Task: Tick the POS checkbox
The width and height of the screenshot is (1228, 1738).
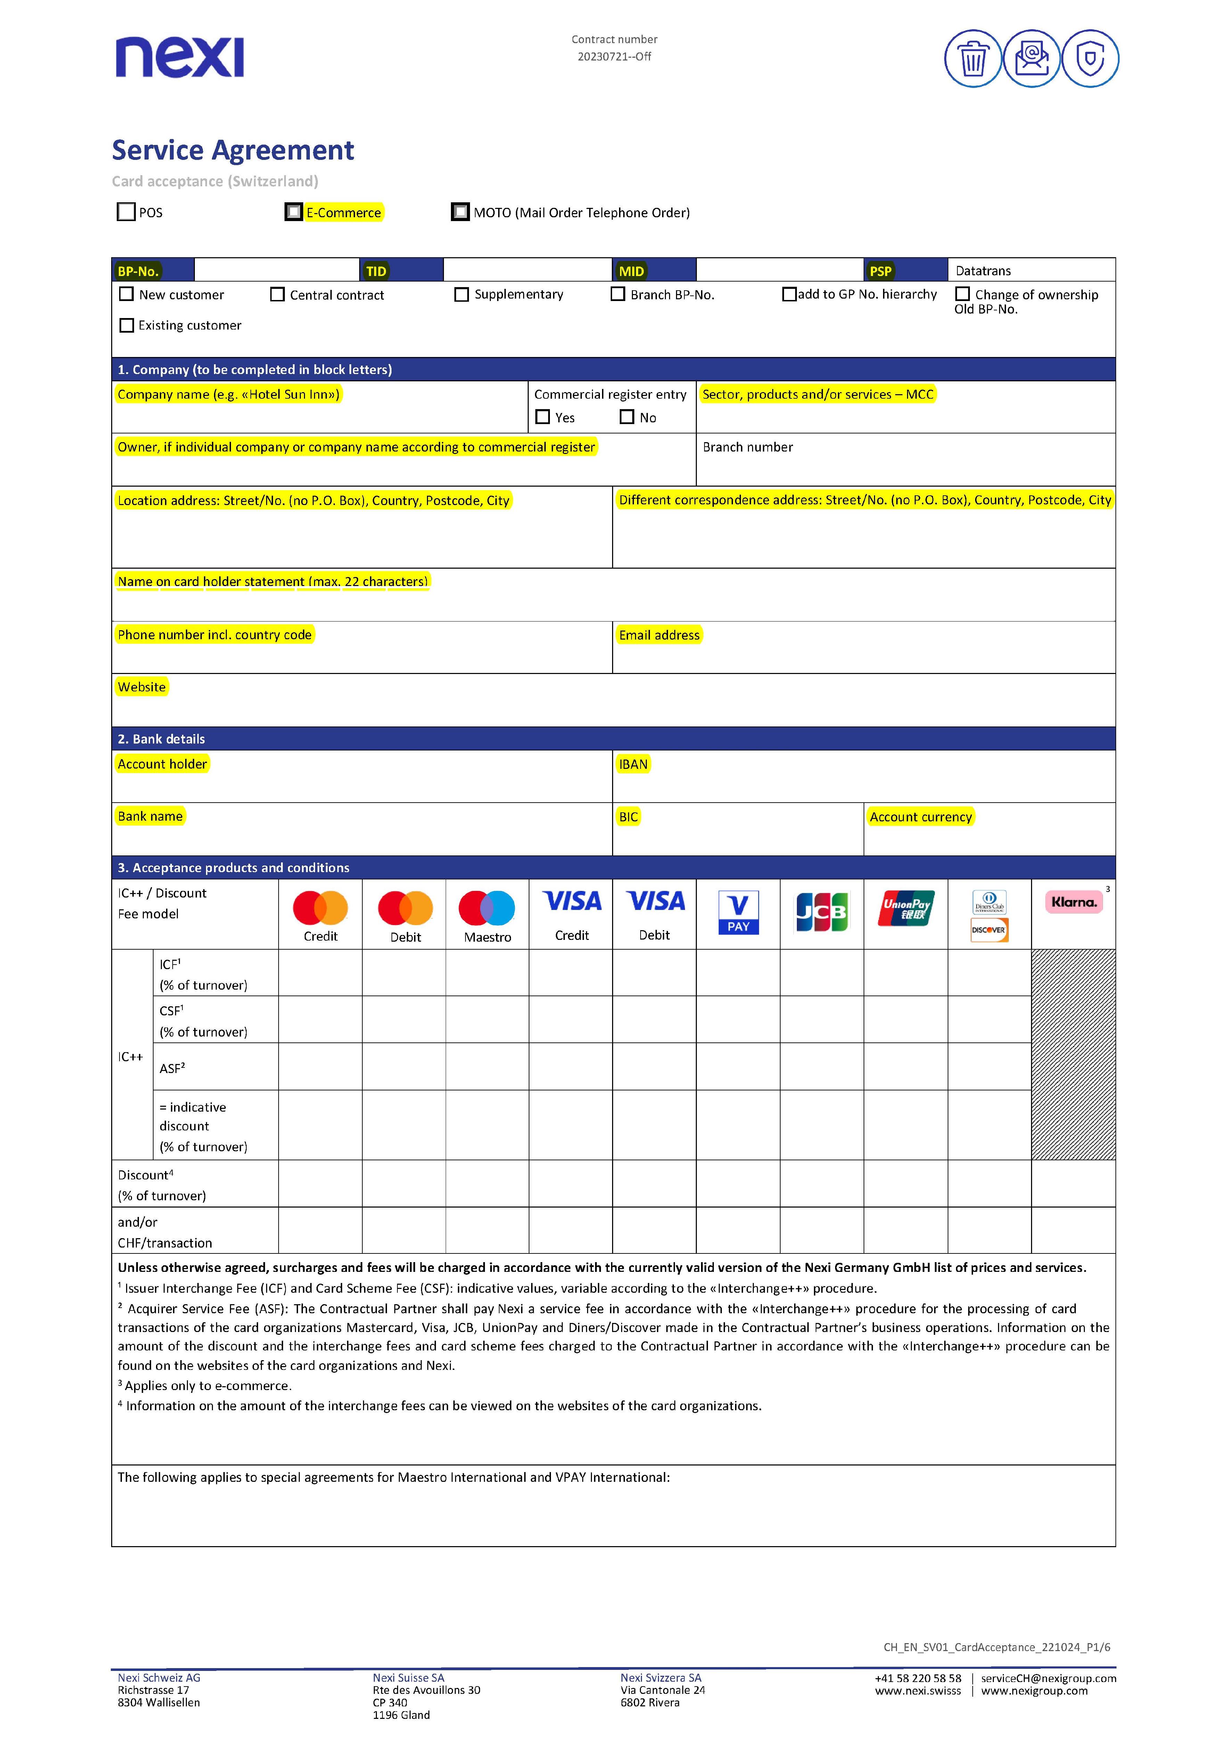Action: (126, 212)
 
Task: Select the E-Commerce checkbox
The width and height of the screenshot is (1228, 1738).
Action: (294, 212)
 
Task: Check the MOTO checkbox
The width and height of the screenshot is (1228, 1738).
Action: (460, 212)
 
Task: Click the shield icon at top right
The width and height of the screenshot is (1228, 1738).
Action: (1089, 58)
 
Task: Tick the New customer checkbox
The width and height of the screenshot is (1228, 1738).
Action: (127, 294)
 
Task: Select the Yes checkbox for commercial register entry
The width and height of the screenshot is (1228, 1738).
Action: (543, 417)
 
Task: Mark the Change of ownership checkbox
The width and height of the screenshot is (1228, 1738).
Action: (962, 294)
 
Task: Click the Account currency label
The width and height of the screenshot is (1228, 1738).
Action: (920, 817)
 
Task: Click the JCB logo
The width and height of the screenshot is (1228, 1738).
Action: (822, 911)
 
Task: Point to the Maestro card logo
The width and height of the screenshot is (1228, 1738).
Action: (487, 908)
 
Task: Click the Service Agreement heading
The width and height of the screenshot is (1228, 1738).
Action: (233, 151)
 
